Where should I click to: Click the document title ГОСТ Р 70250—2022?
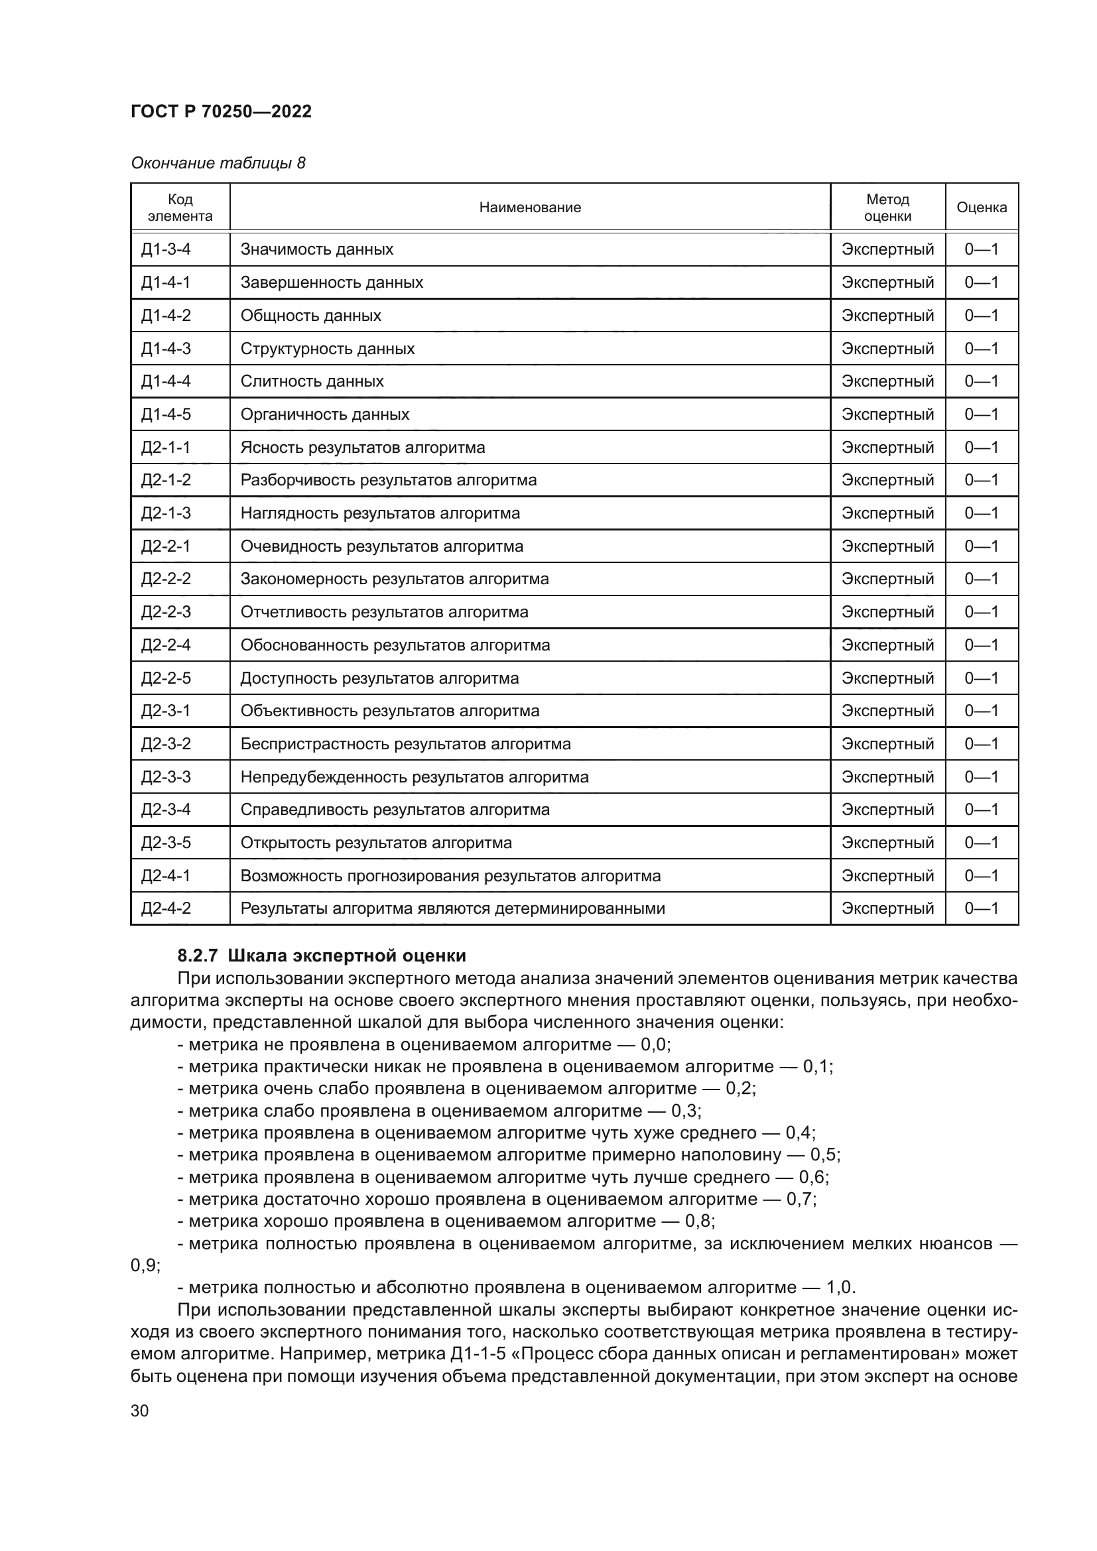coord(221,111)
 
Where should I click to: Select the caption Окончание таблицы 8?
coord(218,163)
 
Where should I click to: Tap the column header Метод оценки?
coord(887,208)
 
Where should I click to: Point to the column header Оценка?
coord(981,208)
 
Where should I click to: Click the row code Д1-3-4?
coord(166,249)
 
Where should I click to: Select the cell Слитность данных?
coord(312,381)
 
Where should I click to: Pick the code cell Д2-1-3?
coord(166,513)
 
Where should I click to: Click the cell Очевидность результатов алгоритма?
coord(381,546)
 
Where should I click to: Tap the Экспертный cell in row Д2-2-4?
coord(887,645)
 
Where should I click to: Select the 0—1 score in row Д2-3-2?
coord(981,744)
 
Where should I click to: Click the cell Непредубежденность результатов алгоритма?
coord(414,777)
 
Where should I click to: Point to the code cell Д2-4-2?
coord(166,908)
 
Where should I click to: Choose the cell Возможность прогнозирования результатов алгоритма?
coord(450,875)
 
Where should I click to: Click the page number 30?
coord(140,1410)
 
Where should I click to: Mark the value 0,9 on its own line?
coord(144,1265)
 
